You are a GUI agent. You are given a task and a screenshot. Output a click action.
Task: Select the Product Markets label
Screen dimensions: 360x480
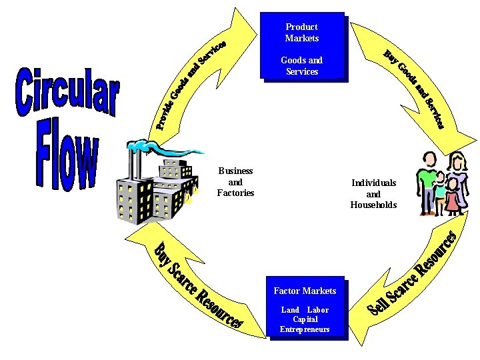click(302, 32)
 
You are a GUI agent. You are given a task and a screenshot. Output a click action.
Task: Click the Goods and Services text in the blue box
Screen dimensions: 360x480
click(302, 65)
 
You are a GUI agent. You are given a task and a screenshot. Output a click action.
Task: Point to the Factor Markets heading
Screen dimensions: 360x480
click(305, 291)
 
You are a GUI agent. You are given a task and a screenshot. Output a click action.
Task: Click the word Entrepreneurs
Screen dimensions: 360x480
click(305, 329)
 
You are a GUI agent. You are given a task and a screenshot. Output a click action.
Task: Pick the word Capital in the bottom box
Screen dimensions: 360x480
click(305, 319)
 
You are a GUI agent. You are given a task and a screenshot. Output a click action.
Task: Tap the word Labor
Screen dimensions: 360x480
click(318, 310)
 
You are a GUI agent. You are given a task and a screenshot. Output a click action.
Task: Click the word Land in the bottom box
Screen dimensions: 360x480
click(290, 310)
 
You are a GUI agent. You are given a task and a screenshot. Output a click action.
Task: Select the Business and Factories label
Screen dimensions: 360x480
click(236, 182)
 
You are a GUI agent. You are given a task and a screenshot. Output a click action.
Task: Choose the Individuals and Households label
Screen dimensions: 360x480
click(373, 193)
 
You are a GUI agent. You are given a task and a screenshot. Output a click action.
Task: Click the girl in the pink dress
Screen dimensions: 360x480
click(453, 197)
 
